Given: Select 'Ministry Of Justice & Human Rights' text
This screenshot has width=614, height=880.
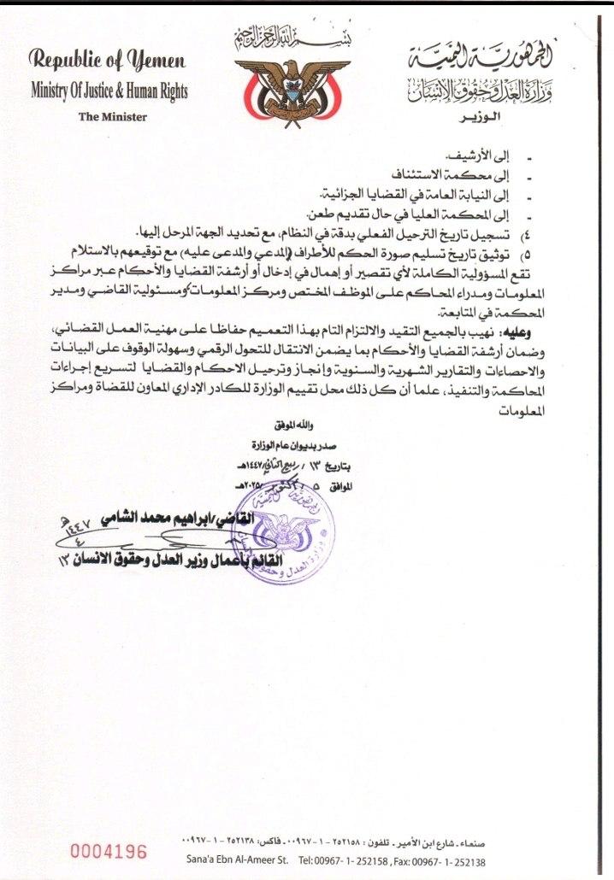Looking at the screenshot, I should click(x=109, y=91).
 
